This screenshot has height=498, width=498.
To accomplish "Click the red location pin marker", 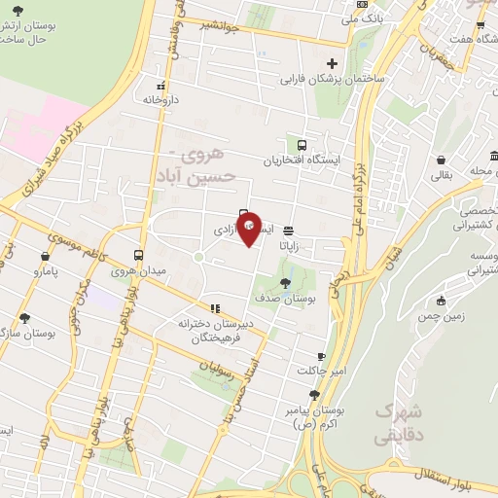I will (249, 228).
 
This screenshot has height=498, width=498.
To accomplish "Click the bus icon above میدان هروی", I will (138, 255).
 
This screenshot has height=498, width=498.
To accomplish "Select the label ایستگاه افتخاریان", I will (302, 160).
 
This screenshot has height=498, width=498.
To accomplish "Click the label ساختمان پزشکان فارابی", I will (334, 78).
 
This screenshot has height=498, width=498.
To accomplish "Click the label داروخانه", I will (161, 99).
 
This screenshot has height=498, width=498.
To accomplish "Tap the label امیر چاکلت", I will (322, 371).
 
